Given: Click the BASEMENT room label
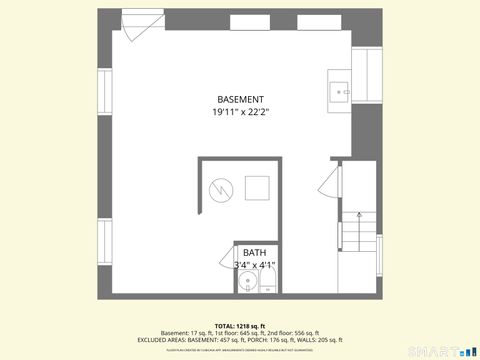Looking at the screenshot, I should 240,99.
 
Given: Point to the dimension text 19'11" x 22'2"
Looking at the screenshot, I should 240,112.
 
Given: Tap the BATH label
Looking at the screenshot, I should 254,253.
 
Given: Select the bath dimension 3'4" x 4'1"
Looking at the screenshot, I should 254,265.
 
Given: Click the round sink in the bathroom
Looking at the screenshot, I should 248,284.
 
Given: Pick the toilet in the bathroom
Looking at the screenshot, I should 266,287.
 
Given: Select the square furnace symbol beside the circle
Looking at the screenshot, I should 257,187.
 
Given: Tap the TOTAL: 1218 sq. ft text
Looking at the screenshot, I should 240,326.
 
